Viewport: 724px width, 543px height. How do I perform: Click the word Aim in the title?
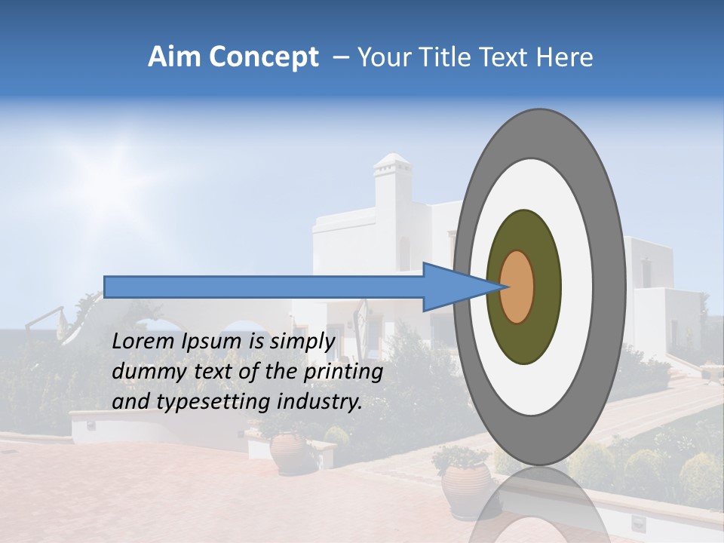pyautogui.click(x=173, y=57)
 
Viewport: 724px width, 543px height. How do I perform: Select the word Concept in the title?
pyautogui.click(x=263, y=57)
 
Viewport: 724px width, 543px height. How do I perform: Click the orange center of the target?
pyautogui.click(x=517, y=287)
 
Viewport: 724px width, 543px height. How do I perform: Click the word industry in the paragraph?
pyautogui.click(x=320, y=402)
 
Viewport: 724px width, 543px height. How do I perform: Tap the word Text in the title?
pyautogui.click(x=511, y=57)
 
